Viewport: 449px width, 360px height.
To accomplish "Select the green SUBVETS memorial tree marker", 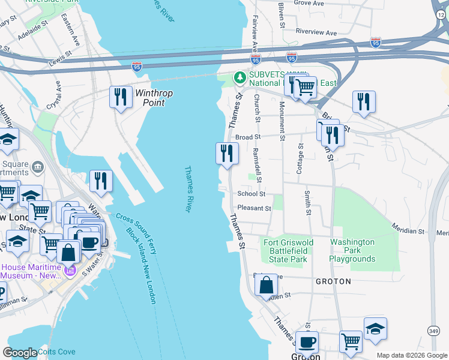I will tap(240, 77).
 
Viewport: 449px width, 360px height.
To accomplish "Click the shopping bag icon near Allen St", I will tap(266, 285).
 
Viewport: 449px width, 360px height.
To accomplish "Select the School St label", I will tap(251, 194).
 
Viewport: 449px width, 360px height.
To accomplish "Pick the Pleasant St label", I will tap(255, 209).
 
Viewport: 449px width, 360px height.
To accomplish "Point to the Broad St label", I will tap(247, 137).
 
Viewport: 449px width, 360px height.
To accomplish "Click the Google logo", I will tap(20, 353).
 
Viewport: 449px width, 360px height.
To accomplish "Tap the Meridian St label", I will tap(408, 230).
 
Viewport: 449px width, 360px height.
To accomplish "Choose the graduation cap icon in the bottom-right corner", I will tap(375, 329).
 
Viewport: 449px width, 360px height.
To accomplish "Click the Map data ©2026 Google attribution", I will tap(411, 355).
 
